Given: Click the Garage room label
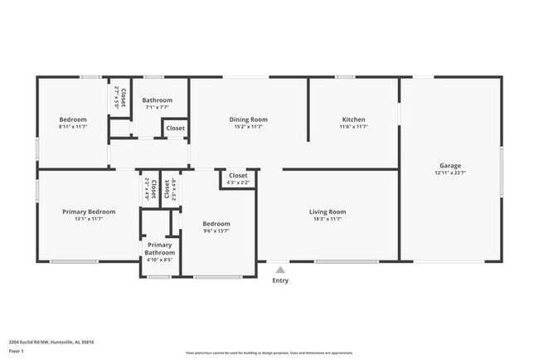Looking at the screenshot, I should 450,166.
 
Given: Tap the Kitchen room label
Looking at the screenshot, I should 353,119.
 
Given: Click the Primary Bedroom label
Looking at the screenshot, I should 89,212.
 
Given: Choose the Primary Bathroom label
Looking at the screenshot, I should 159,248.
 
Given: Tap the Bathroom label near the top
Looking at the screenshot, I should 157,100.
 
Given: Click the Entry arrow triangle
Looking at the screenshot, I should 281,269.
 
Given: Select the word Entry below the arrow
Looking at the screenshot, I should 281,280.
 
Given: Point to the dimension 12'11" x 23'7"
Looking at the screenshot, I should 450,173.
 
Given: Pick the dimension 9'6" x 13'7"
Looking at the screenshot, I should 216,231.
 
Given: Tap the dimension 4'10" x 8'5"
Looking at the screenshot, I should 159,260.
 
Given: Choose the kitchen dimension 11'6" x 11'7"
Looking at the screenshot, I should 353,127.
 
